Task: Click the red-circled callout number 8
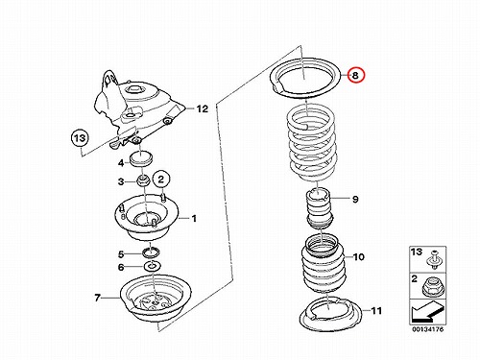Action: pyautogui.click(x=355, y=76)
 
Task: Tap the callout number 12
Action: pyautogui.click(x=202, y=109)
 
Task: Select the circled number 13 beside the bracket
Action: pyautogui.click(x=80, y=138)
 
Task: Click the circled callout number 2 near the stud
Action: pyautogui.click(x=161, y=180)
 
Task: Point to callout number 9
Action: pyautogui.click(x=355, y=199)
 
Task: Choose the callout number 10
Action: pyautogui.click(x=359, y=257)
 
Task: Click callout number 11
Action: pyautogui.click(x=376, y=311)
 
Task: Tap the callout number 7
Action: pyautogui.click(x=98, y=298)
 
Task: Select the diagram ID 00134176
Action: pyautogui.click(x=427, y=329)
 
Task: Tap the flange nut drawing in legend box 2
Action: pyautogui.click(x=432, y=287)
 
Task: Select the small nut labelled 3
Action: pyautogui.click(x=143, y=180)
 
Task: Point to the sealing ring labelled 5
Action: pyautogui.click(x=151, y=252)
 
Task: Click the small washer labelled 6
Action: pyautogui.click(x=153, y=267)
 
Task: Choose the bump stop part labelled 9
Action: pyautogui.click(x=320, y=209)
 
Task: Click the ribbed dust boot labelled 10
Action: pyautogui.click(x=323, y=264)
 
